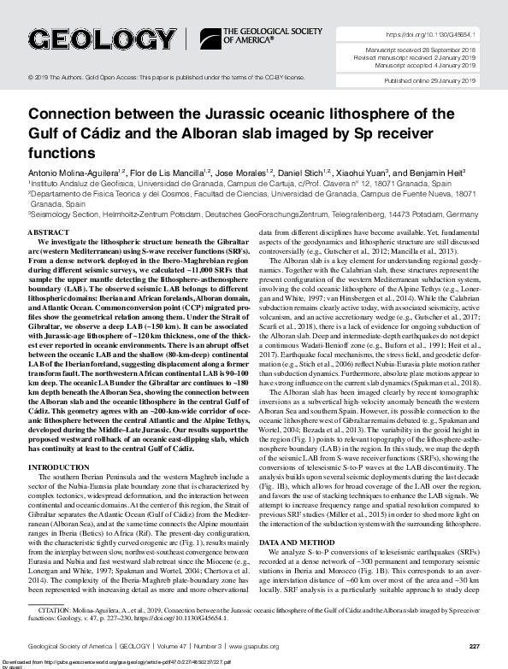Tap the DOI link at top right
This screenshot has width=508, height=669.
click(x=432, y=35)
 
